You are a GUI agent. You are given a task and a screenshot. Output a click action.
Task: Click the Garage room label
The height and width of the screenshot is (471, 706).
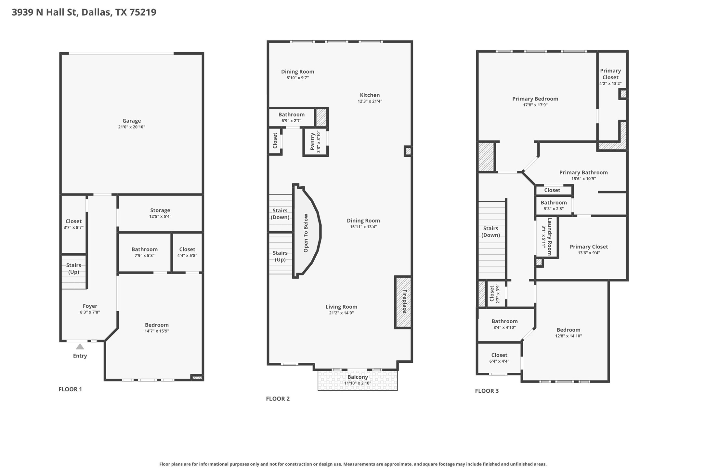tap(132, 121)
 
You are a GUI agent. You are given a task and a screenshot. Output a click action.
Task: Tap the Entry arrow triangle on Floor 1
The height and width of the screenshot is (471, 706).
tap(80, 346)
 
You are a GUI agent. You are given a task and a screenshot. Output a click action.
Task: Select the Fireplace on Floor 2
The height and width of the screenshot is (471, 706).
tap(403, 302)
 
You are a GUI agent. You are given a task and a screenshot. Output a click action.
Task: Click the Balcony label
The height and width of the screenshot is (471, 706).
tap(358, 377)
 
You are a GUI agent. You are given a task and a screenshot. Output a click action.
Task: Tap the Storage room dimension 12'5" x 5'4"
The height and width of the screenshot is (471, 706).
tap(160, 217)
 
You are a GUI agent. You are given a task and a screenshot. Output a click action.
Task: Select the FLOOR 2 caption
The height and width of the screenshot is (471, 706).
tap(278, 399)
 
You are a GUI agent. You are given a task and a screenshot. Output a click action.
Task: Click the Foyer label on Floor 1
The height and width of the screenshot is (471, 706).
tap(90, 306)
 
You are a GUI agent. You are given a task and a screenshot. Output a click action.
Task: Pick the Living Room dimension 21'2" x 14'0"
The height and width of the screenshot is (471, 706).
tap(341, 313)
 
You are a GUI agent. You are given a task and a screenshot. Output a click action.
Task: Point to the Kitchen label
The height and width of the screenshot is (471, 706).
tap(370, 95)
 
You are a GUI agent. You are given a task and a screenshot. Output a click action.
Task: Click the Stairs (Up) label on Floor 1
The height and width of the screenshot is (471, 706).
tap(74, 269)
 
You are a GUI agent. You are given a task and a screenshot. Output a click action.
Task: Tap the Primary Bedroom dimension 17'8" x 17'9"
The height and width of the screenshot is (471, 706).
tap(535, 105)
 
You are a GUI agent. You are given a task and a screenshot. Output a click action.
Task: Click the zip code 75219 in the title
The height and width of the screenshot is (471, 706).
tap(143, 12)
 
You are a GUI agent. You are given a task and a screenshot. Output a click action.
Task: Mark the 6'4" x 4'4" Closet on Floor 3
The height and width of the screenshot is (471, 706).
tap(499, 358)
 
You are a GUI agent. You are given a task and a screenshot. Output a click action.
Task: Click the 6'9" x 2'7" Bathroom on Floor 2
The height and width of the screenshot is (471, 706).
tap(292, 117)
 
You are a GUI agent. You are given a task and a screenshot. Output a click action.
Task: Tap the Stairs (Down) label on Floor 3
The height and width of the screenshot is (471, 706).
tap(491, 232)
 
